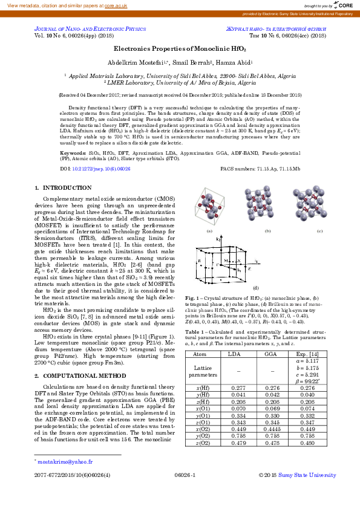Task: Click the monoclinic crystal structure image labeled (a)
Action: (209, 208)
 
